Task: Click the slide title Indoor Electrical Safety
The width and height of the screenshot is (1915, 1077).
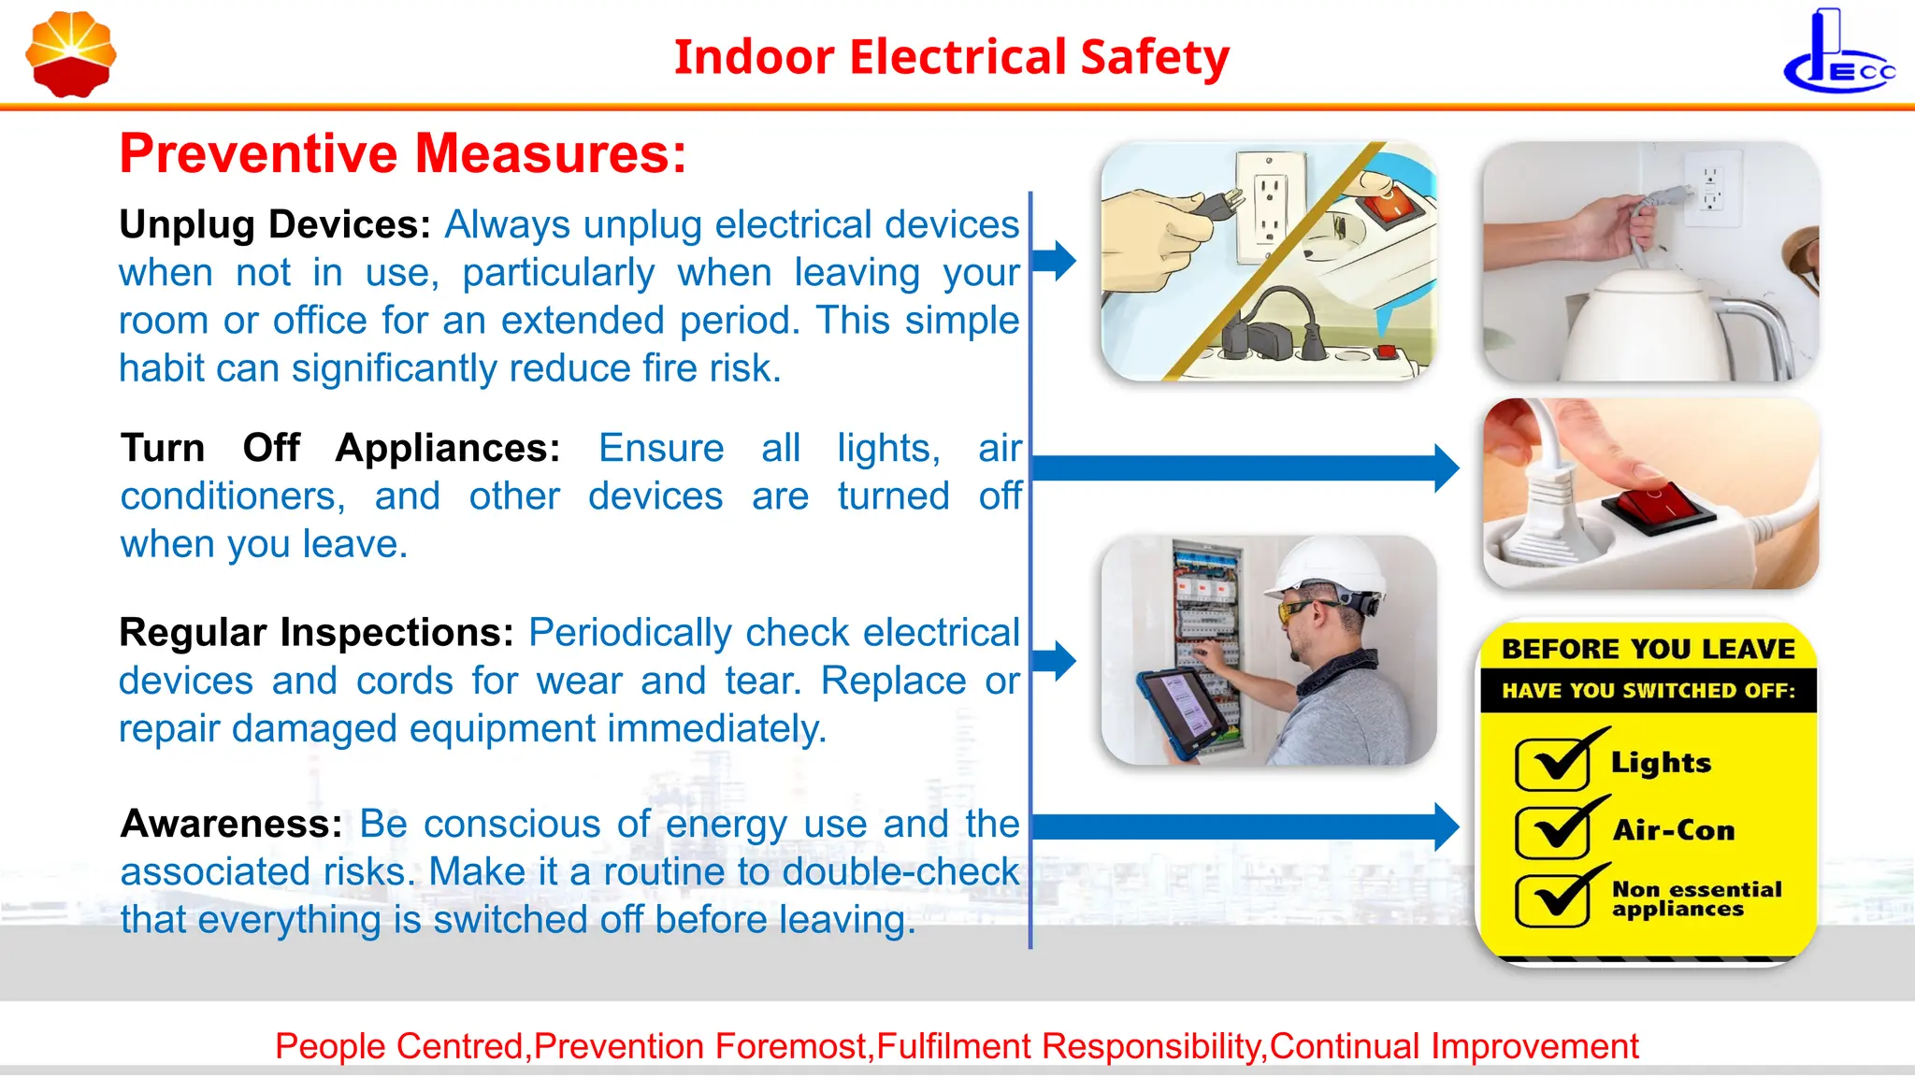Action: [x=951, y=57]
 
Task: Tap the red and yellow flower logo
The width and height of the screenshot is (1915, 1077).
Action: [x=71, y=54]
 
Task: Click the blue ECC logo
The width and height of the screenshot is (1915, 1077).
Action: [x=1838, y=54]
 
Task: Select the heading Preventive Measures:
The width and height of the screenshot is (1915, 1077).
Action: [x=403, y=154]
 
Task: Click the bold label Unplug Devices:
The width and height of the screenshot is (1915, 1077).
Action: [x=275, y=225]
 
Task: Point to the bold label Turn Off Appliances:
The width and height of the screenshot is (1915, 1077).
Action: [x=340, y=449]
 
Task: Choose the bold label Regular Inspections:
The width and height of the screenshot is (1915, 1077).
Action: [x=316, y=633]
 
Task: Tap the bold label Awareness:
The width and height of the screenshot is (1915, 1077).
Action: [x=232, y=825]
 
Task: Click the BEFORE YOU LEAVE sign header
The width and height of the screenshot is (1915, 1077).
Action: [x=1648, y=649]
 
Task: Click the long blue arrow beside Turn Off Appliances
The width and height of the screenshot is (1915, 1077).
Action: [x=1244, y=467]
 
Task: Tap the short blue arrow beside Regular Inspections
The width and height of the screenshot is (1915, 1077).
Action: [x=1054, y=660]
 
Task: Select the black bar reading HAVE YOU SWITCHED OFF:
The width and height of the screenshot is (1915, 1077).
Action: [x=1648, y=691]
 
